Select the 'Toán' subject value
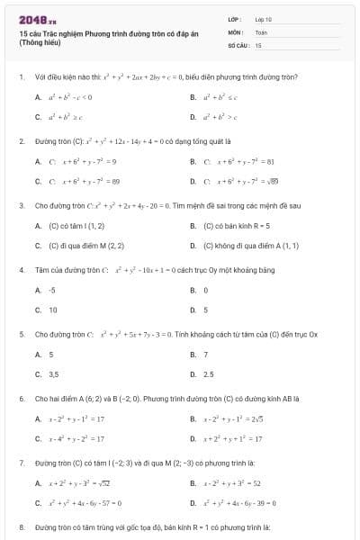tap(261, 31)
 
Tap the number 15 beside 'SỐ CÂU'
tap(258, 44)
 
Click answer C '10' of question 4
tap(53, 310)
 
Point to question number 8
tap(21, 525)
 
